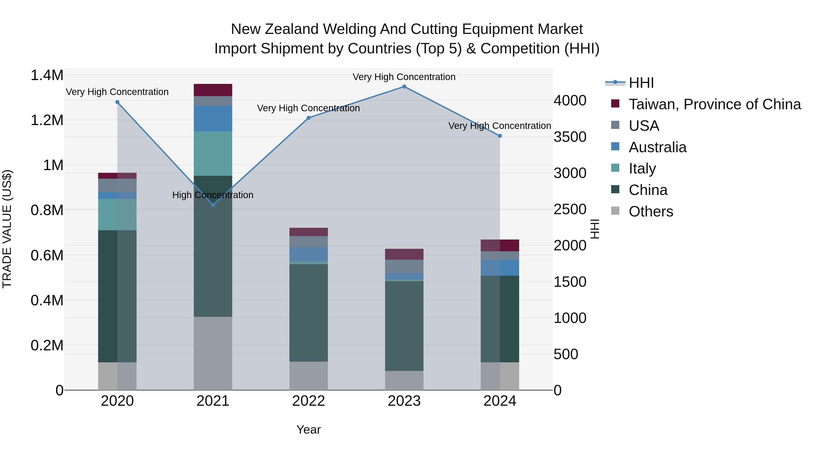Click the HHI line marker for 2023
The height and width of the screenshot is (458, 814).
point(404,87)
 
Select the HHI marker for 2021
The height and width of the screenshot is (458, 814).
point(213,205)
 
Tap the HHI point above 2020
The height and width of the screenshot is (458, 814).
point(117,102)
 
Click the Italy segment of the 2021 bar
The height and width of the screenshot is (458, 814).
point(213,153)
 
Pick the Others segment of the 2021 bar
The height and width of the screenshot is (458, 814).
point(213,353)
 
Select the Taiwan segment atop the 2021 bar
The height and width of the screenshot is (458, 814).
point(213,90)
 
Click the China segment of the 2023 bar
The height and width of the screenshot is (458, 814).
point(404,325)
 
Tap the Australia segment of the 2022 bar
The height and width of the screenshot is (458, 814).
point(309,254)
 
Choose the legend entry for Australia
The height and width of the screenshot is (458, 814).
point(657,147)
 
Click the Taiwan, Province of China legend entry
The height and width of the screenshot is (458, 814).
point(714,104)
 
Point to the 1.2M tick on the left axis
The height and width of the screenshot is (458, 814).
point(47,120)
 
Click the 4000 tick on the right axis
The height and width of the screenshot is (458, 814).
point(570,100)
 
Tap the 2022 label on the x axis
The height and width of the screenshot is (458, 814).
point(309,401)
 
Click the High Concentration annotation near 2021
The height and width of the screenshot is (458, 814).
point(213,195)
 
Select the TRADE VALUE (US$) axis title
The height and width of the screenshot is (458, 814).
point(7,229)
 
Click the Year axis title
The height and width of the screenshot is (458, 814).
point(308,430)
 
